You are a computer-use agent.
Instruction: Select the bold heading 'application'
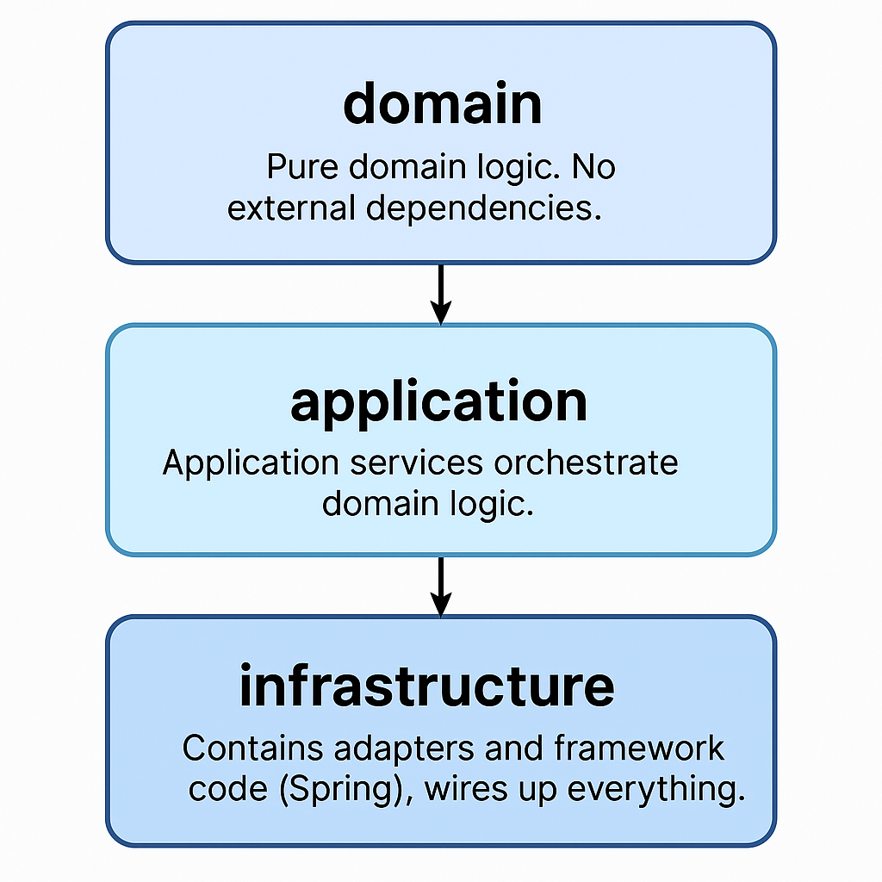(438, 402)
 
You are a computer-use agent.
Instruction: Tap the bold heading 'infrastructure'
(427, 686)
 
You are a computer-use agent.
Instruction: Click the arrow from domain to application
(441, 293)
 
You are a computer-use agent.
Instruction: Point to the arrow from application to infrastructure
(441, 586)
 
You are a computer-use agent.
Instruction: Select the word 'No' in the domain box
(595, 167)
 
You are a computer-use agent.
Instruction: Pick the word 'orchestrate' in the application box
(586, 463)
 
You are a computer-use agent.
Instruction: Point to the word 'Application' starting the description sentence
(251, 463)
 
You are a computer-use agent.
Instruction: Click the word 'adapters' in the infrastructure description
(403, 749)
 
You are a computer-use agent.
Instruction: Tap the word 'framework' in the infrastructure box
(640, 748)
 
